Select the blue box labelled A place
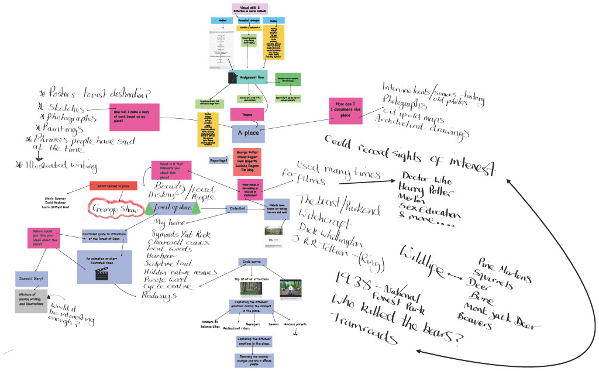tap(249, 133)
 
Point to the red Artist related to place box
tap(113, 186)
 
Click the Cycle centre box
tap(252, 262)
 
